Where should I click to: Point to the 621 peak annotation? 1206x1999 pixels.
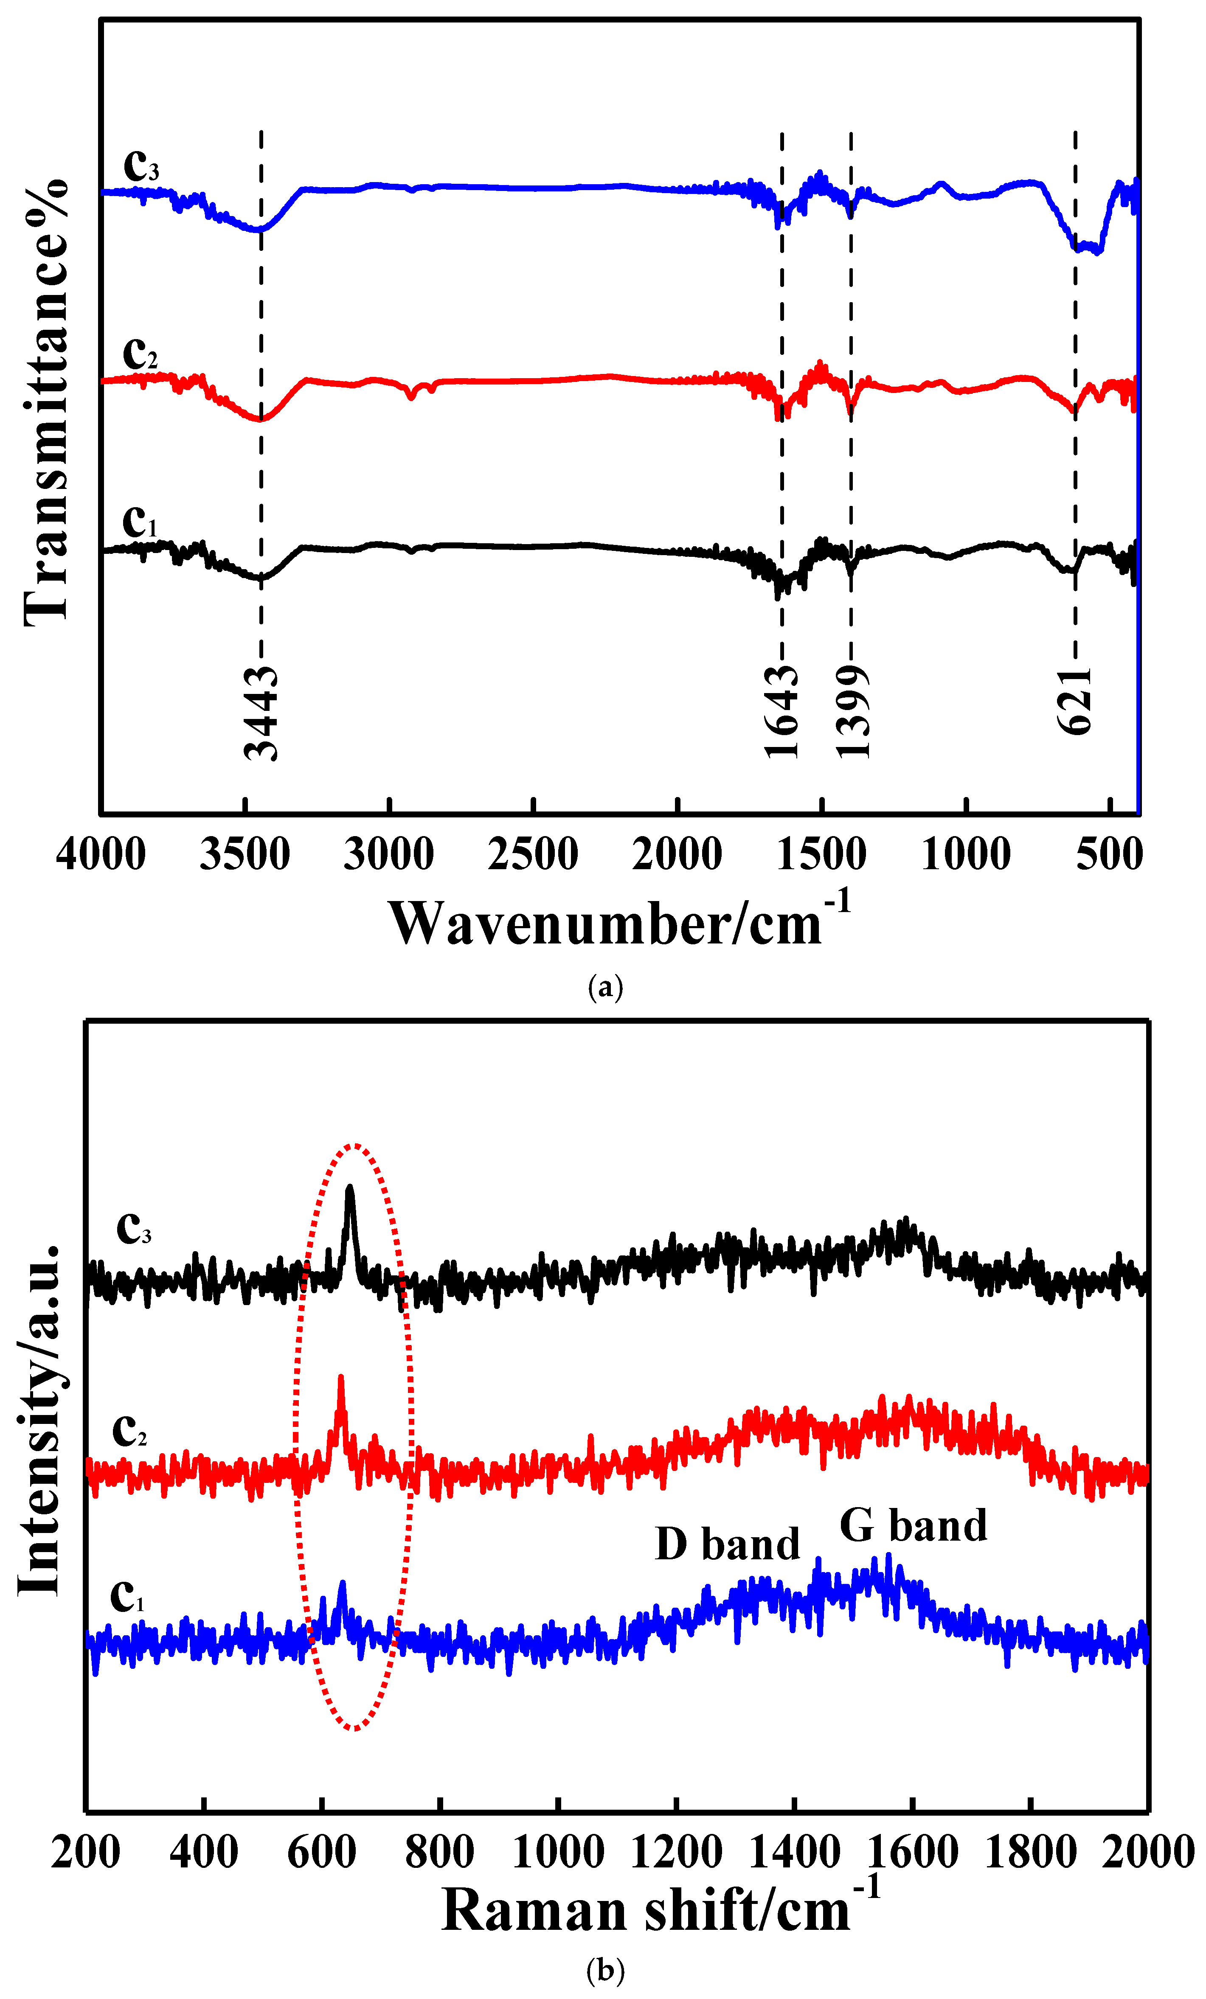coord(1075,702)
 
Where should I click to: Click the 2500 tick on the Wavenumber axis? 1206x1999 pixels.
coord(533,854)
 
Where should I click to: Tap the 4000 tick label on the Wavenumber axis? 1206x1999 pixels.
coord(101,854)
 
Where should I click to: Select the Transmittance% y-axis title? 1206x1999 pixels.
coord(46,401)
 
